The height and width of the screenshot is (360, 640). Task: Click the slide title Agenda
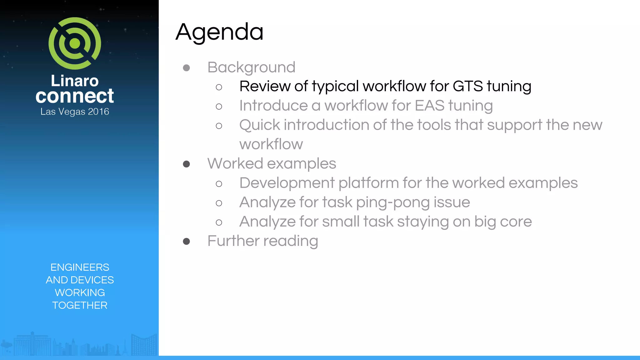click(219, 32)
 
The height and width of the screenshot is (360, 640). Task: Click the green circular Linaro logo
click(75, 43)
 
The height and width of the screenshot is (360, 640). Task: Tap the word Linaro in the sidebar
click(75, 81)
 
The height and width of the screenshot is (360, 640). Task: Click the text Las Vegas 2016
click(75, 112)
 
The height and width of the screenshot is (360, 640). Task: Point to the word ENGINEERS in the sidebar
click(80, 267)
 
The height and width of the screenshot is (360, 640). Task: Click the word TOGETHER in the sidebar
click(80, 305)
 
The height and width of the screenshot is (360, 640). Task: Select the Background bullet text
click(251, 67)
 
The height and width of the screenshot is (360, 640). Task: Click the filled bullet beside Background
click(186, 68)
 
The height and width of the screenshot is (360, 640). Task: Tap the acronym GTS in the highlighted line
click(467, 86)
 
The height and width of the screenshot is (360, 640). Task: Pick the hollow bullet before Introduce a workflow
click(219, 107)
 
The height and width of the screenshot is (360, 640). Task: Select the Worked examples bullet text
click(272, 163)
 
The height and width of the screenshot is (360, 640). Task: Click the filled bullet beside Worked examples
click(186, 164)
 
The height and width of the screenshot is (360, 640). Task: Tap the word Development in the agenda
click(287, 183)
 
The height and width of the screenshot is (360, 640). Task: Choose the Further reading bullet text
click(262, 241)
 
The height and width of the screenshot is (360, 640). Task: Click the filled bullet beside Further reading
click(186, 241)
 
